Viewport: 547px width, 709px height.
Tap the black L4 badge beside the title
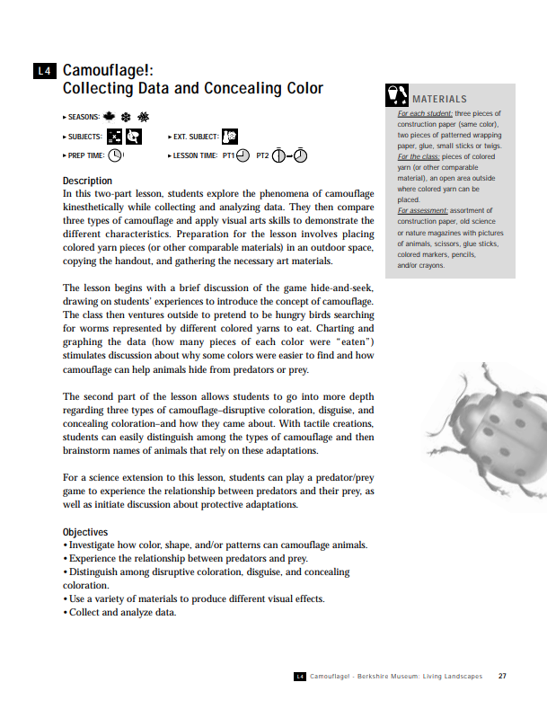coord(45,70)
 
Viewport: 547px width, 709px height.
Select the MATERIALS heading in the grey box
coord(439,99)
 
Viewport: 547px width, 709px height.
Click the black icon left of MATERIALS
coord(396,95)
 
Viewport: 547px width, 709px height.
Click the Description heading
coord(87,181)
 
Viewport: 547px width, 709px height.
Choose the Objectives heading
coord(85,532)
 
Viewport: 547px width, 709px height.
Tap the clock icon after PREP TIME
coord(116,155)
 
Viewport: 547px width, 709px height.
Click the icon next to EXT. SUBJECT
coord(230,136)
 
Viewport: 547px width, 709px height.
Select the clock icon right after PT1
coord(243,155)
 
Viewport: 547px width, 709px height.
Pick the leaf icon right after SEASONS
coord(110,117)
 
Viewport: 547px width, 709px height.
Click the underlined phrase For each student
coord(425,114)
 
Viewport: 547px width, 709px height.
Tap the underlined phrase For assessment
coord(426,210)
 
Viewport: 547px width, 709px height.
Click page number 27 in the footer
coord(502,677)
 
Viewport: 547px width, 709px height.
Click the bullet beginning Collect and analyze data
coord(119,614)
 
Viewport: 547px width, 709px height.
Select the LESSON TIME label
coord(196,155)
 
